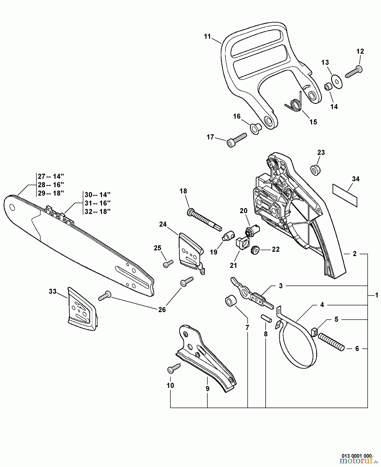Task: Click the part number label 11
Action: [207, 37]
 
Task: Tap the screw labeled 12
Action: [354, 72]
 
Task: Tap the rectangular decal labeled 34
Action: [345, 195]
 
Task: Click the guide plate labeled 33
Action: [82, 310]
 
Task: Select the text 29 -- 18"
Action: [51, 193]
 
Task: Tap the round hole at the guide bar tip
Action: [12, 207]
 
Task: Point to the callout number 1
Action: [376, 295]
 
